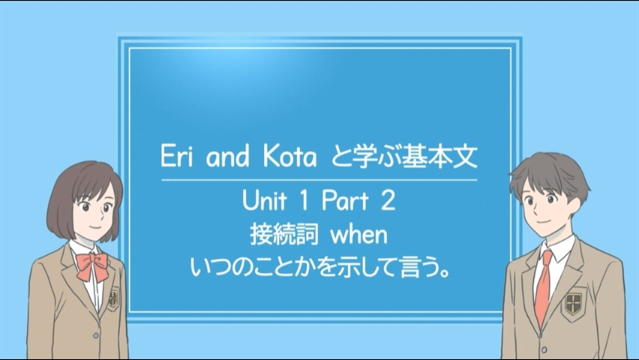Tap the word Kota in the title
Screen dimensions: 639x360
pyautogui.click(x=289, y=157)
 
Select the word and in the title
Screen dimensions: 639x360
pyautogui.click(x=227, y=157)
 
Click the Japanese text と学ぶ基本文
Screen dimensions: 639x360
pyautogui.click(x=403, y=157)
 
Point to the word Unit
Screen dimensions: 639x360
pyautogui.click(x=265, y=201)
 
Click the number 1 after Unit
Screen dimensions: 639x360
pyautogui.click(x=304, y=201)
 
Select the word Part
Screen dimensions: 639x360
pyautogui.click(x=345, y=201)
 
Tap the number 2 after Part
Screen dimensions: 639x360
pyautogui.click(x=388, y=201)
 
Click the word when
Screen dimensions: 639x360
pyautogui.click(x=358, y=235)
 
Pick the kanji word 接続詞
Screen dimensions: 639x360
pyautogui.click(x=284, y=235)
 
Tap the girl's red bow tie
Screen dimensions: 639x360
pyautogui.click(x=93, y=265)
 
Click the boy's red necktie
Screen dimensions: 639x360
pyautogui.click(x=544, y=287)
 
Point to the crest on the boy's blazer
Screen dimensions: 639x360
pyautogui.click(x=574, y=303)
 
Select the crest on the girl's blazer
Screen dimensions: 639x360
pyautogui.click(x=114, y=298)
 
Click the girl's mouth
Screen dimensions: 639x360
pyautogui.click(x=94, y=226)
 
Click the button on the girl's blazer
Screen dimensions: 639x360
pyautogui.click(x=95, y=335)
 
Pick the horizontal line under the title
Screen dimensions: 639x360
pyautogui.click(x=319, y=179)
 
